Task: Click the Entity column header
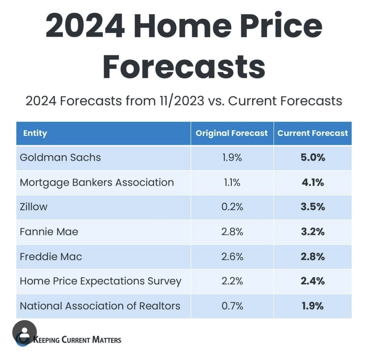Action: point(35,134)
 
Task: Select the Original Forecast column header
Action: point(231,134)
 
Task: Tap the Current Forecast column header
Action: point(313,134)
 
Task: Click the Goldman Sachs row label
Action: point(60,158)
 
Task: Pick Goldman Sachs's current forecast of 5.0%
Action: point(313,158)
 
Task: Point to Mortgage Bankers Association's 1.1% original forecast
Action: point(232,182)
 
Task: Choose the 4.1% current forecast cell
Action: point(313,182)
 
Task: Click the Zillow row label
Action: point(34,207)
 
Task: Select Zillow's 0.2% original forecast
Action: point(232,207)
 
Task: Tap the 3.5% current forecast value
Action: point(313,207)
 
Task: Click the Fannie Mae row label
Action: point(49,232)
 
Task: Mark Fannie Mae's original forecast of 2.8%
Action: point(232,232)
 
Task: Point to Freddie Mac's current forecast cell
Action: point(313,257)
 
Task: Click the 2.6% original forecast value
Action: point(232,257)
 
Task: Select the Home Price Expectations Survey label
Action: point(100,281)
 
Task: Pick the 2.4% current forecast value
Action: point(313,281)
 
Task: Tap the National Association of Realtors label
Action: point(100,306)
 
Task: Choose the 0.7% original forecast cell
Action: point(232,306)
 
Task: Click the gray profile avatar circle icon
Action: point(24,332)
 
